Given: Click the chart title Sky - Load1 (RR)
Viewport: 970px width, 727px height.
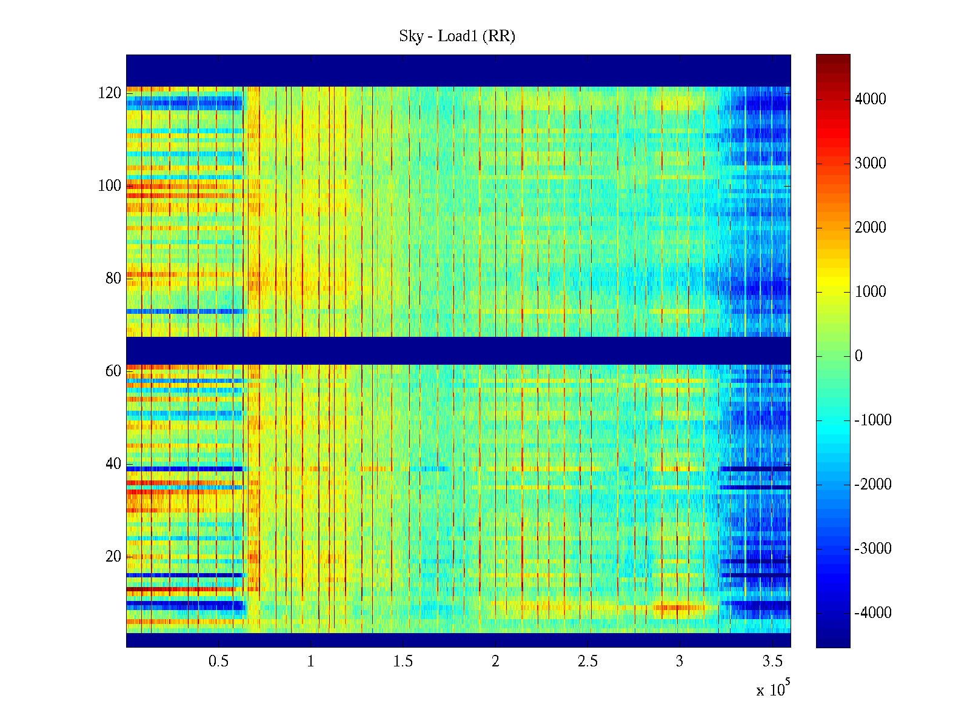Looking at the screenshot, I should coord(457,36).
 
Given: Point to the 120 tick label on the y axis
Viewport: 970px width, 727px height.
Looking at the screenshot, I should coord(110,93).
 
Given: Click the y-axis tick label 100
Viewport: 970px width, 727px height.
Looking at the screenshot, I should coord(110,186).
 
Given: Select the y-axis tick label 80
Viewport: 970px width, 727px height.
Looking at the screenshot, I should coord(113,279).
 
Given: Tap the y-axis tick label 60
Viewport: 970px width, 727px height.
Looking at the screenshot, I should coord(113,371).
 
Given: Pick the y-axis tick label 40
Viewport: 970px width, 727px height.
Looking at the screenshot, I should coord(113,464).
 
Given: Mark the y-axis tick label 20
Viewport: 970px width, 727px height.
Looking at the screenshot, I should coord(113,557).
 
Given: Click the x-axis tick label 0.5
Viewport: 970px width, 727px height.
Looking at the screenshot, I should coord(218,662).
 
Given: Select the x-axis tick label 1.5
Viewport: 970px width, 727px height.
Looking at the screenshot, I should coord(403,662).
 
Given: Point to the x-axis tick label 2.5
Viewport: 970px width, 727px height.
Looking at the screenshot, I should coord(587,662).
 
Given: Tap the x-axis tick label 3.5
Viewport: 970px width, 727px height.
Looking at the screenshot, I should coord(772,662).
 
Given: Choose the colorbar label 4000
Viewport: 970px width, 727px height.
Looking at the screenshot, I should coord(870,99).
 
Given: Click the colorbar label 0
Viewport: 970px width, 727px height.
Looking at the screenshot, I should coord(858,356).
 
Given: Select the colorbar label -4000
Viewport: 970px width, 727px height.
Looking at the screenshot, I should coord(872,613).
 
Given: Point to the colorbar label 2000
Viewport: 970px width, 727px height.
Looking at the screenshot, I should coord(870,228).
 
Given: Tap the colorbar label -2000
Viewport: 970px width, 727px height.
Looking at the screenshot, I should coord(872,485).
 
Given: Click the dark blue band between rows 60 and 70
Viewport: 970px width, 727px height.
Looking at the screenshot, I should coord(458,351).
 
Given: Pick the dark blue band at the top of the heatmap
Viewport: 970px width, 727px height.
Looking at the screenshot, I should coord(458,70).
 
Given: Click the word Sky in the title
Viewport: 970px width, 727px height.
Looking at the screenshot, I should coord(411,36).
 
